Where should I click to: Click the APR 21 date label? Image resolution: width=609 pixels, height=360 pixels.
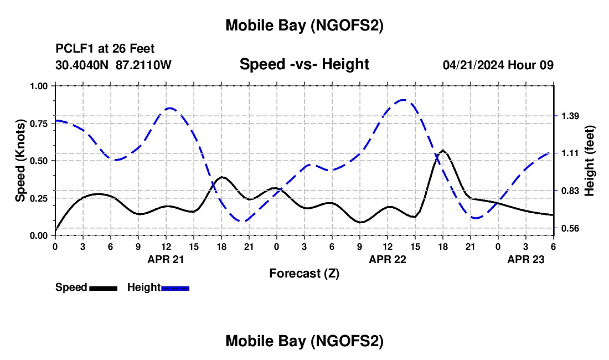coord(166,259)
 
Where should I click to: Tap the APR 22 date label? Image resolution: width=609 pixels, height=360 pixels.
coord(387,259)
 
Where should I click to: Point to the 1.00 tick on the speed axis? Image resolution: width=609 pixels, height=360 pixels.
coord(40,86)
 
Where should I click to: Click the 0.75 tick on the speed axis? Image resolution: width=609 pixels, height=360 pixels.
coord(40,123)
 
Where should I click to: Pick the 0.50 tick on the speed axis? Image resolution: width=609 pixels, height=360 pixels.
coord(40,161)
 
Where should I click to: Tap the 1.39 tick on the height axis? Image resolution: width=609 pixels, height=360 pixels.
coord(570,116)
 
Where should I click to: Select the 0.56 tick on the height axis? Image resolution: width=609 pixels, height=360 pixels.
coord(570,228)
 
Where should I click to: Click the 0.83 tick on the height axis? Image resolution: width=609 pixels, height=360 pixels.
coord(570,191)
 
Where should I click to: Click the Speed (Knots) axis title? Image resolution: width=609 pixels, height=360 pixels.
coord(20,161)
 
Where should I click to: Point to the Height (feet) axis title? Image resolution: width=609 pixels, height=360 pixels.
coord(590,161)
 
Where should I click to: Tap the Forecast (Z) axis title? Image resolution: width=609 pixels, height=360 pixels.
coord(304,273)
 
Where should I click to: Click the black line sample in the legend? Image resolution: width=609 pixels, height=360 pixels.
coord(103,287)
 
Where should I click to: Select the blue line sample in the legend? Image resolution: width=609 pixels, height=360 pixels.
coord(175,287)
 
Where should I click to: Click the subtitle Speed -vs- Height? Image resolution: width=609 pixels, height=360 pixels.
coord(304,64)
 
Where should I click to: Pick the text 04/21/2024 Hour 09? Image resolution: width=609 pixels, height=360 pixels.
coord(498,65)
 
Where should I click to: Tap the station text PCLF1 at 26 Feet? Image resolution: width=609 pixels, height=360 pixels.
coord(105,49)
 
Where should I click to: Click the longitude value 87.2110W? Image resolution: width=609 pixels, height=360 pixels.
coord(144,65)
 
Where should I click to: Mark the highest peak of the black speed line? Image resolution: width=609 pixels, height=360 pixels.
coord(443,150)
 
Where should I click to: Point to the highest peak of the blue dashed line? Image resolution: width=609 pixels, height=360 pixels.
coord(404,100)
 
